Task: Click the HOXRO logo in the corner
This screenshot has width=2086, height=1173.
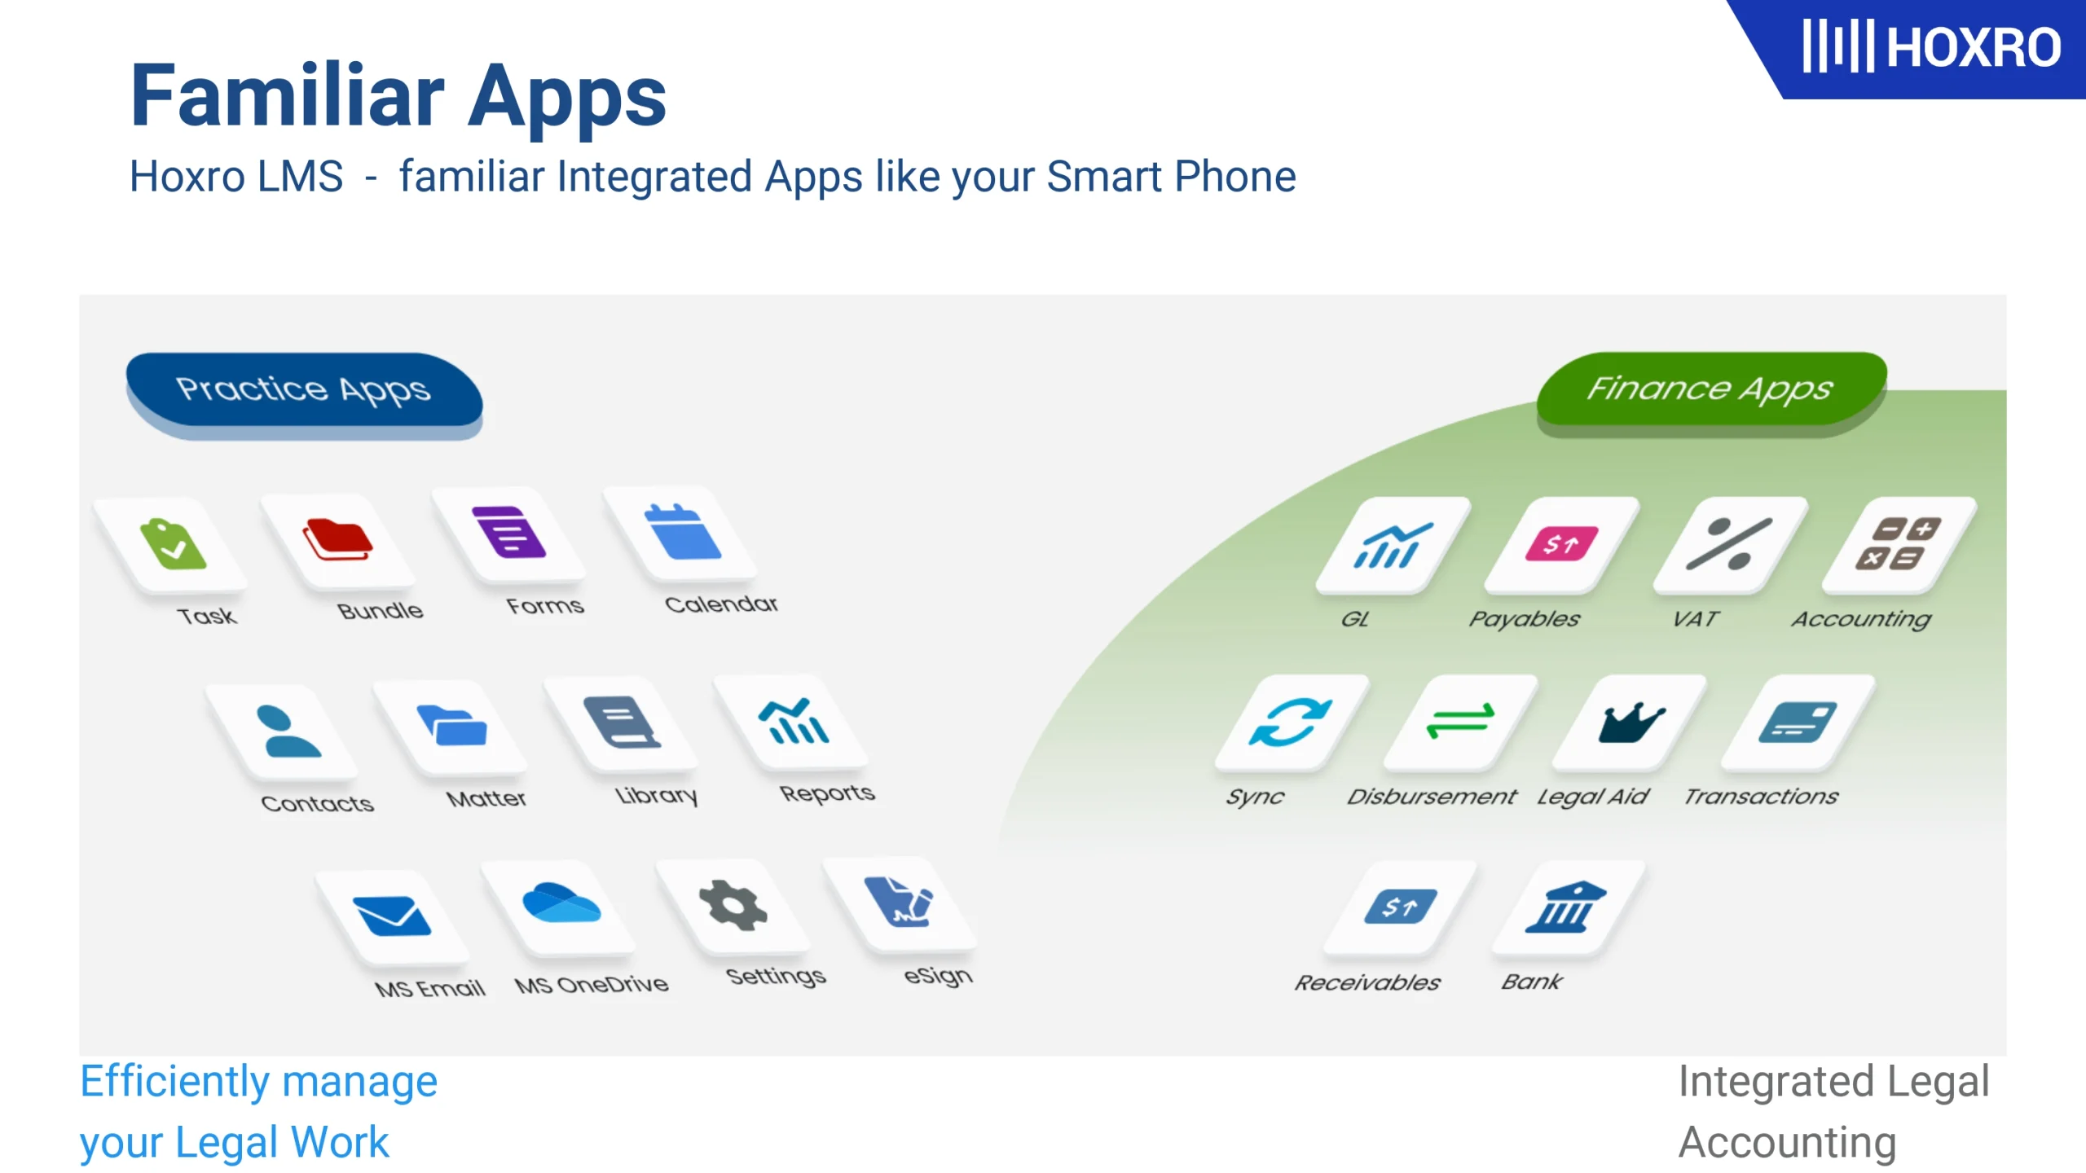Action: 1930,46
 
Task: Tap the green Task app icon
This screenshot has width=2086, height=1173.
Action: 173,544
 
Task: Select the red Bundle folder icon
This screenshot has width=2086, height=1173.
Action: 338,538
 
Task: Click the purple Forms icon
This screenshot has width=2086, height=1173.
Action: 508,531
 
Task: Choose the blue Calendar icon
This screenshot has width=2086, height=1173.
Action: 682,533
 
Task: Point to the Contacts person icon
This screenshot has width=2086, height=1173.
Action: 288,731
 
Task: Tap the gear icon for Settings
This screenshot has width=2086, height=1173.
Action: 733,904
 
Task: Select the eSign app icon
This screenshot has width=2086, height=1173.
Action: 899,902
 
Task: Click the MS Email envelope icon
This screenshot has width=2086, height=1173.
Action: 391,916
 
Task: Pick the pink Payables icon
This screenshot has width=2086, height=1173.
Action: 1561,544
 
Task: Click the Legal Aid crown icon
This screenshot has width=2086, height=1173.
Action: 1632,723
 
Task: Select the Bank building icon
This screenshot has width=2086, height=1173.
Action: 1565,906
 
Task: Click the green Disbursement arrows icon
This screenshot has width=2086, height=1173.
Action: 1460,721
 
